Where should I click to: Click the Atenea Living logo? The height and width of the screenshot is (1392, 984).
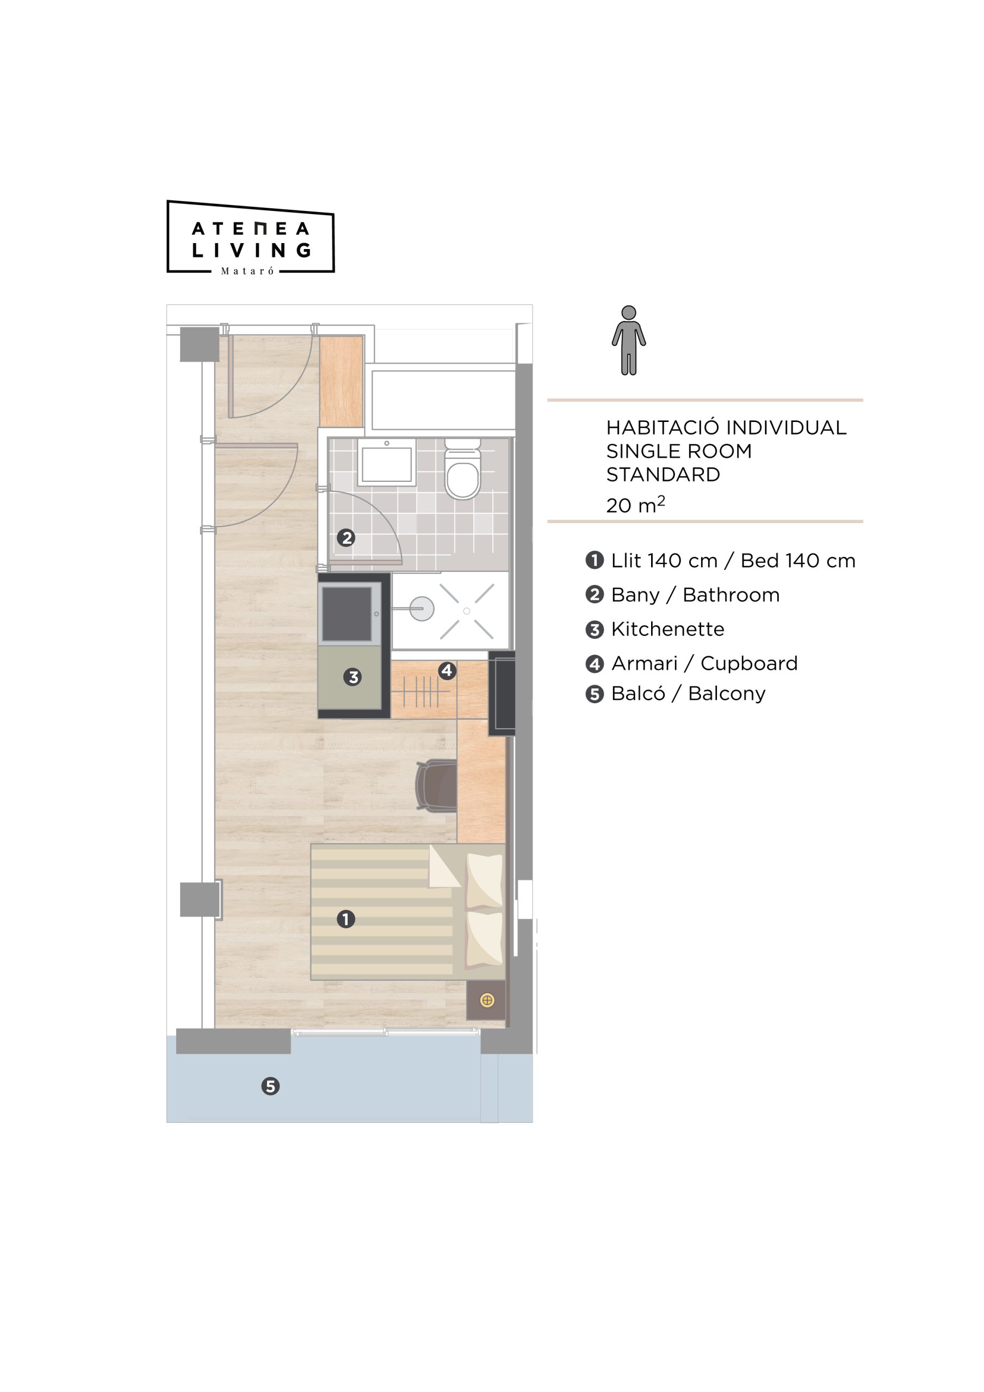tap(251, 237)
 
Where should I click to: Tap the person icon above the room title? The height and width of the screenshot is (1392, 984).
tap(628, 340)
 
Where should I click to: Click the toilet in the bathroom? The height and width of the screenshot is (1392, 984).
tap(462, 468)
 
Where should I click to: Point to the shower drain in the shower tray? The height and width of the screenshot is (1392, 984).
tap(467, 611)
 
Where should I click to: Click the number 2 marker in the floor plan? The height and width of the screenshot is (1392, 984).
tap(346, 537)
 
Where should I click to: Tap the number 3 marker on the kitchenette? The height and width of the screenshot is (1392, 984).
tap(352, 676)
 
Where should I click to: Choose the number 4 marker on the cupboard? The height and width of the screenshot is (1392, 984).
tap(447, 670)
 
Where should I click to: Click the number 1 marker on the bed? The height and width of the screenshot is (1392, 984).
tap(346, 919)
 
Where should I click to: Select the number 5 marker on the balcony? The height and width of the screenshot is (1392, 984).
tap(270, 1086)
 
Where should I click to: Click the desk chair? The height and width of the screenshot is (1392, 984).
tap(436, 785)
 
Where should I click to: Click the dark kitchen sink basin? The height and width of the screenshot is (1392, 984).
tap(347, 613)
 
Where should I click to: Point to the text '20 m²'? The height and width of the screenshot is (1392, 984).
tap(635, 504)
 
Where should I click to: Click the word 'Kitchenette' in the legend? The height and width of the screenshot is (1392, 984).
tap(667, 629)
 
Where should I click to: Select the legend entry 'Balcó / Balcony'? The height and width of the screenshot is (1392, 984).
tap(675, 694)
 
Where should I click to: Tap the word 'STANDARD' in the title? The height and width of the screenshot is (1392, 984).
tap(663, 474)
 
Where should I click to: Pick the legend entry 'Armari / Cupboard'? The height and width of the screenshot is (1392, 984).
tap(691, 663)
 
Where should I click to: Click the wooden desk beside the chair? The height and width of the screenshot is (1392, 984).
tap(481, 781)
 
